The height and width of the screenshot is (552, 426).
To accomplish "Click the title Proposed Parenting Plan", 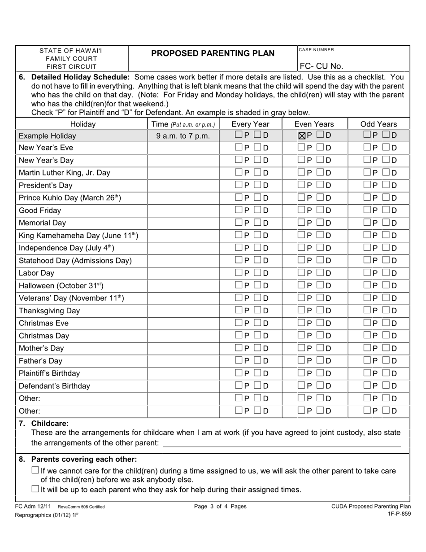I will tap(213, 53).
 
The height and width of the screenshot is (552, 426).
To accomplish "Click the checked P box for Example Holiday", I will tap(302, 136).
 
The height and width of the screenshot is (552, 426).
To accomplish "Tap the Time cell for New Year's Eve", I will tap(183, 148).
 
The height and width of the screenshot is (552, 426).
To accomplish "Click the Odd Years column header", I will tap(379, 124).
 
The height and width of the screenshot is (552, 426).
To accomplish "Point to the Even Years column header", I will tap(314, 124).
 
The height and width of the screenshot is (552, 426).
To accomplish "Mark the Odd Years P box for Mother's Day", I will tap(367, 348).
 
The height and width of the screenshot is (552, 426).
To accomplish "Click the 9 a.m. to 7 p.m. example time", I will tap(183, 136).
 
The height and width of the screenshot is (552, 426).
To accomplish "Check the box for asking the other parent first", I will tap(35, 470).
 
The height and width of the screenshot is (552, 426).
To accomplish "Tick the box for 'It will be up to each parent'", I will tap(35, 489).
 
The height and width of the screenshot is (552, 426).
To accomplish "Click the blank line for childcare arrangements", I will tap(282, 443).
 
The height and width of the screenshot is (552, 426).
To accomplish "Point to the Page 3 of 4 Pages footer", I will tap(220, 507).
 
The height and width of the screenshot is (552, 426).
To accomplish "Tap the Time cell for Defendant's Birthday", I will tap(183, 386).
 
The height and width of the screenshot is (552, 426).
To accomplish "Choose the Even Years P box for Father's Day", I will tap(302, 360).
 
